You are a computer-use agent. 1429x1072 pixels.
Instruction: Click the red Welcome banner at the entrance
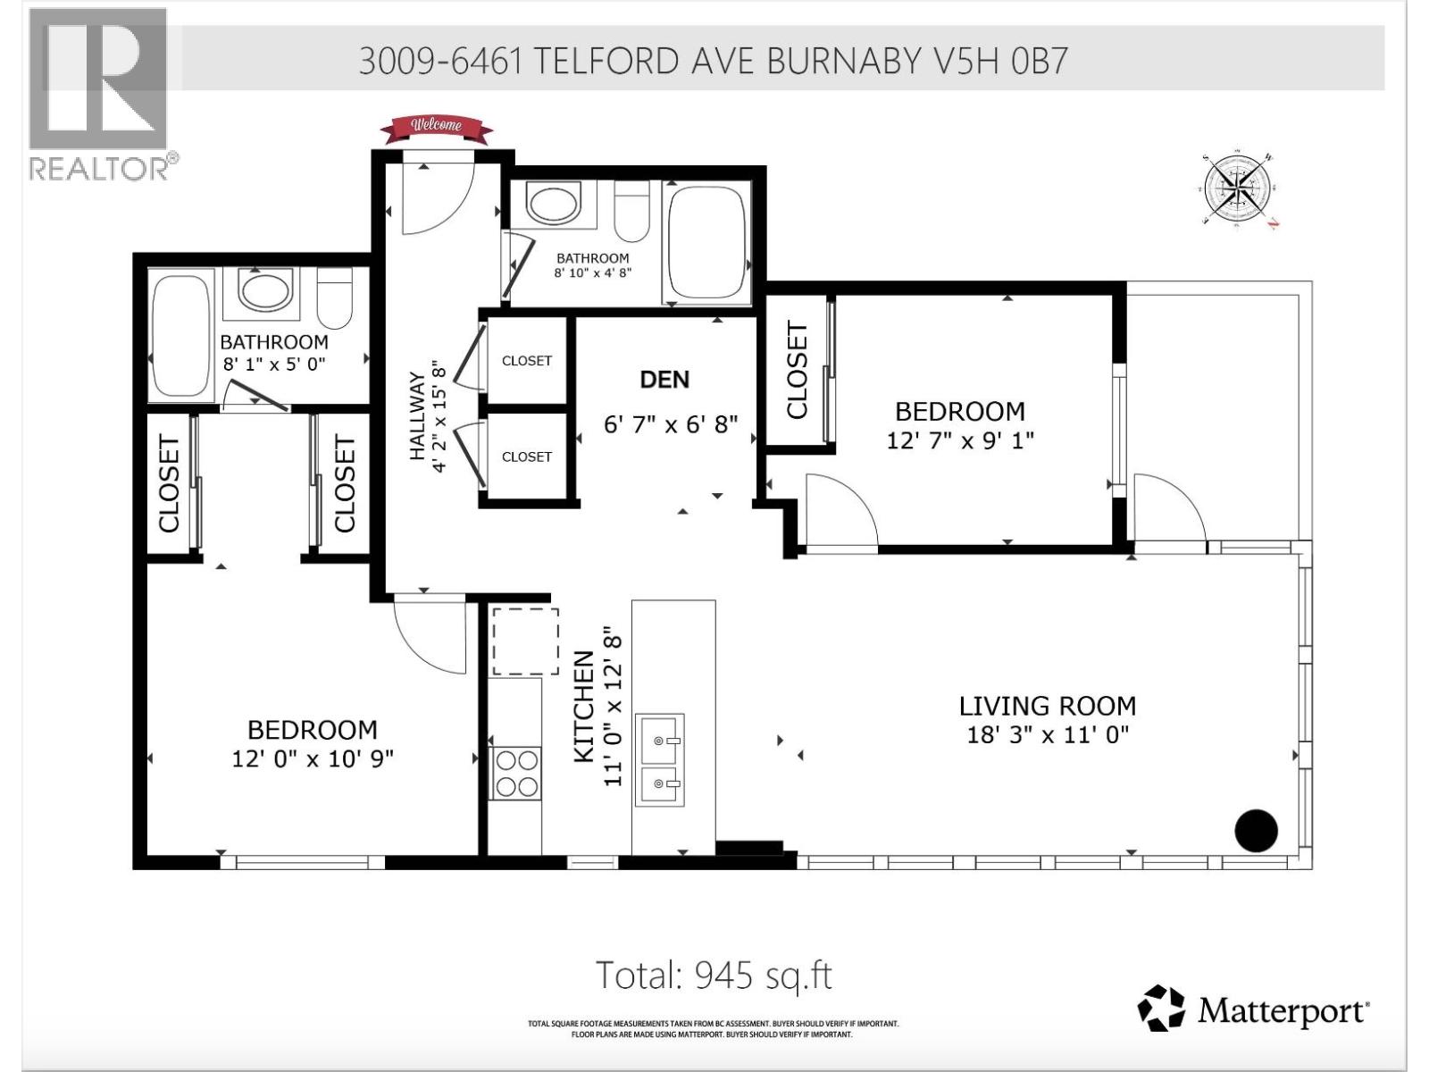pos(436,129)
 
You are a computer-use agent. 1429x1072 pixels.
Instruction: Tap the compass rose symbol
pos(1238,188)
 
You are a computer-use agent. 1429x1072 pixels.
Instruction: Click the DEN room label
pos(664,380)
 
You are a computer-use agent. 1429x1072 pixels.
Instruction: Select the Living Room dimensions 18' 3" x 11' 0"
pos(1048,735)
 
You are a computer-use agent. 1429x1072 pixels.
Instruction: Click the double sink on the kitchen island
pos(659,759)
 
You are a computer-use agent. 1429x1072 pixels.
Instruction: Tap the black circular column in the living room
pos(1256,831)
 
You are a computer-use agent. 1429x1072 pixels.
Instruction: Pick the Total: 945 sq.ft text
pos(714,975)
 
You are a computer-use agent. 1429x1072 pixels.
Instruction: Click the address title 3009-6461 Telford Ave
pos(713,61)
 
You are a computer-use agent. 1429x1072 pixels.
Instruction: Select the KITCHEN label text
pos(583,707)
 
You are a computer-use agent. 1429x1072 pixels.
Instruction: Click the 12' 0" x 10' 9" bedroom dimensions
pos(313,758)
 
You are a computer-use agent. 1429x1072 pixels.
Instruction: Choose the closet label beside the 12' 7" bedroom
pos(797,370)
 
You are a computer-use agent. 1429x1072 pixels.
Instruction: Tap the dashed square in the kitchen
pos(526,641)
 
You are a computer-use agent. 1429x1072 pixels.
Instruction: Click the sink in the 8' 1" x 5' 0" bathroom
pos(266,291)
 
